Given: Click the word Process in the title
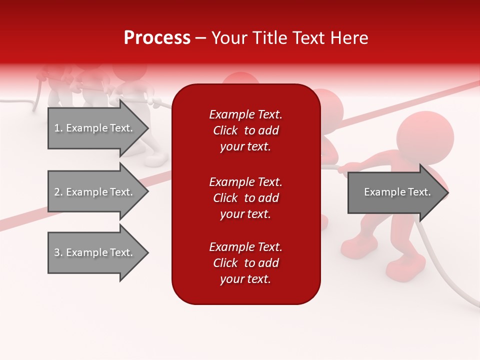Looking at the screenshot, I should (157, 38).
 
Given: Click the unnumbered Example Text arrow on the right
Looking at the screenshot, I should (397, 192).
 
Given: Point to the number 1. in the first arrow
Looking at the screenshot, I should (58, 128).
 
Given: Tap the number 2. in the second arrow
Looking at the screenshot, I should (58, 192).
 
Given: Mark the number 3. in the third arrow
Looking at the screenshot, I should (58, 252).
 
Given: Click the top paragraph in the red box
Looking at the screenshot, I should (245, 130).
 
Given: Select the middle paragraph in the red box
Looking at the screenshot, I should (245, 198).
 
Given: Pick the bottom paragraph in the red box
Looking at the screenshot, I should (245, 263).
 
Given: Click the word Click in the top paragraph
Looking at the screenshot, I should (225, 130).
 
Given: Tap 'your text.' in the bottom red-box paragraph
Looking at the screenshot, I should (245, 279).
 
